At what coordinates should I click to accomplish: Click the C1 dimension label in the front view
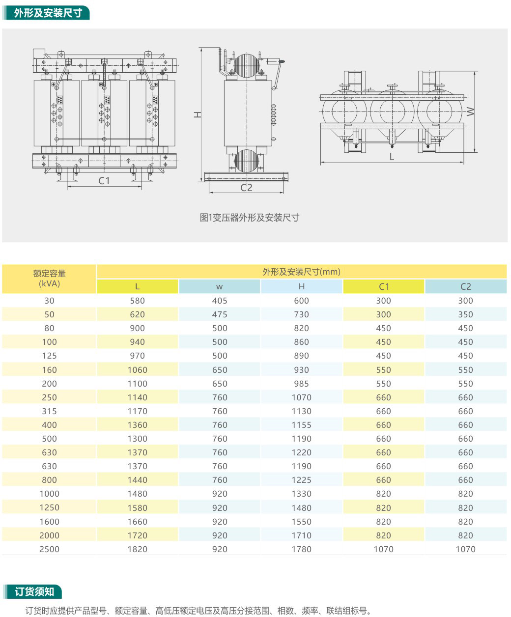click(x=104, y=181)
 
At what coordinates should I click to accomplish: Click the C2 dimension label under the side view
click(x=246, y=187)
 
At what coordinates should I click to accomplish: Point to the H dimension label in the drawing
click(x=197, y=114)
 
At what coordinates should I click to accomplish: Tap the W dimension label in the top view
click(x=471, y=112)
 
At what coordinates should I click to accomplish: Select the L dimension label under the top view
click(x=392, y=157)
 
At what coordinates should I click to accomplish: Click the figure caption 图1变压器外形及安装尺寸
click(x=250, y=218)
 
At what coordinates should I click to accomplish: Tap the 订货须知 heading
click(x=34, y=591)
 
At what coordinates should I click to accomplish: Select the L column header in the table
click(x=137, y=286)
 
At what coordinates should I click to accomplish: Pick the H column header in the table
click(x=301, y=286)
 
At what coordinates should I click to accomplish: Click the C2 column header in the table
click(x=465, y=286)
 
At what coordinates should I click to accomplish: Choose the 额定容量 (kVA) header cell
click(x=49, y=279)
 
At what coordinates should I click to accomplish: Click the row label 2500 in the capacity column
click(x=49, y=549)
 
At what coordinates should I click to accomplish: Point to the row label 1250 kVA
click(x=49, y=507)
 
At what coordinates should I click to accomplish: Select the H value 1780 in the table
click(x=301, y=549)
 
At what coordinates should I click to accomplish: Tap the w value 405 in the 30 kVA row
click(x=219, y=301)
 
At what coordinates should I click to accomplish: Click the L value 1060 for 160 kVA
click(x=137, y=370)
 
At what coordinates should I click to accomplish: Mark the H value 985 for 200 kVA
click(x=301, y=384)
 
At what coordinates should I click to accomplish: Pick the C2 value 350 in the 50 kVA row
click(x=465, y=314)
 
